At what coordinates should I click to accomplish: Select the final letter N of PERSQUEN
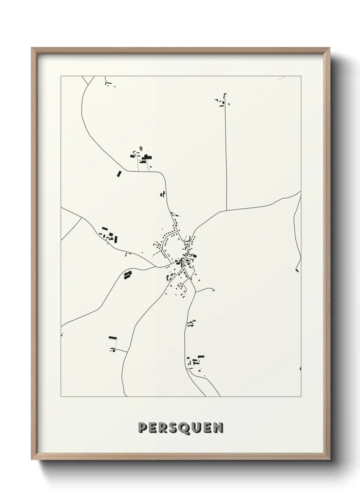tap(219, 428)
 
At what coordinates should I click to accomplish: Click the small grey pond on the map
tap(141, 149)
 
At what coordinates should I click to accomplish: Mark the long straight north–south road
tap(226, 153)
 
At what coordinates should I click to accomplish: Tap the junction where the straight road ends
tap(226, 210)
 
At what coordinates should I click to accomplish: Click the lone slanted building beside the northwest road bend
tap(119, 174)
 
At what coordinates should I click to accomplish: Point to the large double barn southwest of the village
tap(128, 275)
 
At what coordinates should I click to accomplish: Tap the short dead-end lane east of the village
tap(206, 290)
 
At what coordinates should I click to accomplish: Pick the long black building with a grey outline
tap(113, 338)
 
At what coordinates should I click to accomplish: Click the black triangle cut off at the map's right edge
tap(300, 368)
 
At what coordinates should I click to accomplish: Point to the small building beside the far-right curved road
tap(297, 270)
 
